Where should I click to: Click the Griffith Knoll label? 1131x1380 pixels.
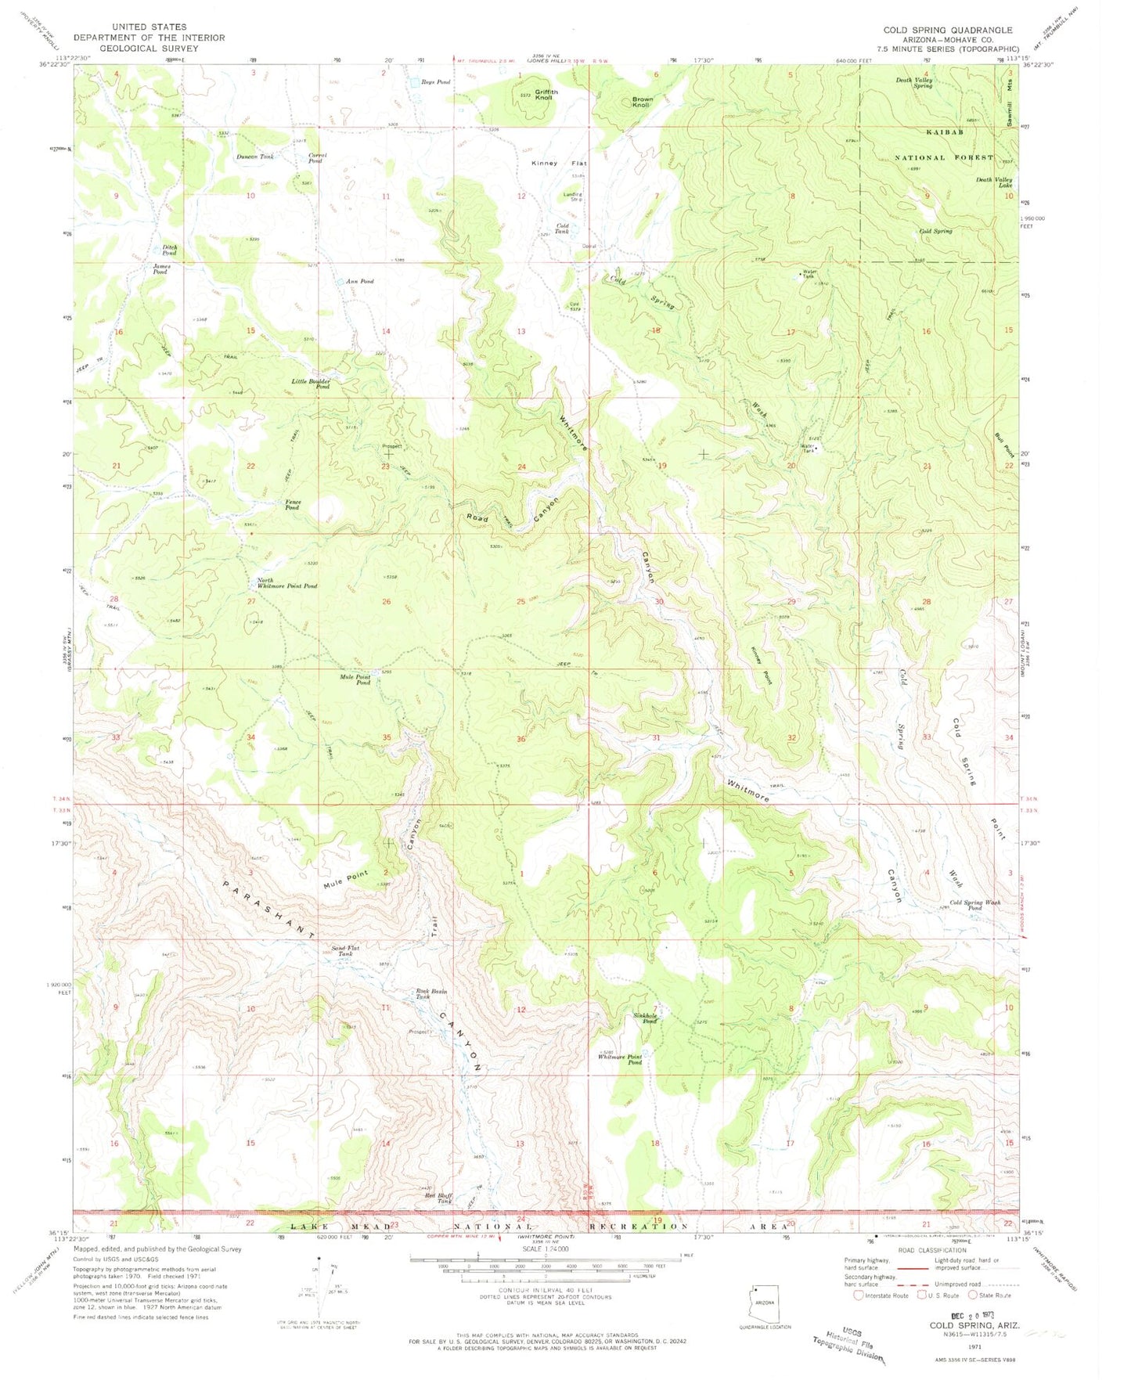click(x=544, y=95)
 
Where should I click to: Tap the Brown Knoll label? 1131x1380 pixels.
click(x=642, y=102)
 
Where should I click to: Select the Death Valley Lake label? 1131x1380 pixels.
click(x=993, y=182)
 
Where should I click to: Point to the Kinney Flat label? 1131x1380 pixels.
click(x=559, y=164)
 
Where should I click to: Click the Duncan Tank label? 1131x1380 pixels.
click(x=255, y=157)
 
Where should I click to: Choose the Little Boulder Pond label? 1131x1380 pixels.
click(x=312, y=384)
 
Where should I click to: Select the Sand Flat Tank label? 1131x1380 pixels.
click(x=345, y=950)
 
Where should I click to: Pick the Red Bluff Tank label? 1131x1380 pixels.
click(x=439, y=1198)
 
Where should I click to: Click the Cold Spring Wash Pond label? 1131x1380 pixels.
click(x=974, y=906)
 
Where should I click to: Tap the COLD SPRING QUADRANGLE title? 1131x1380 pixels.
click(x=947, y=31)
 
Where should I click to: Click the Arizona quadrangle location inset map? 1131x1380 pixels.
click(x=764, y=1295)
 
